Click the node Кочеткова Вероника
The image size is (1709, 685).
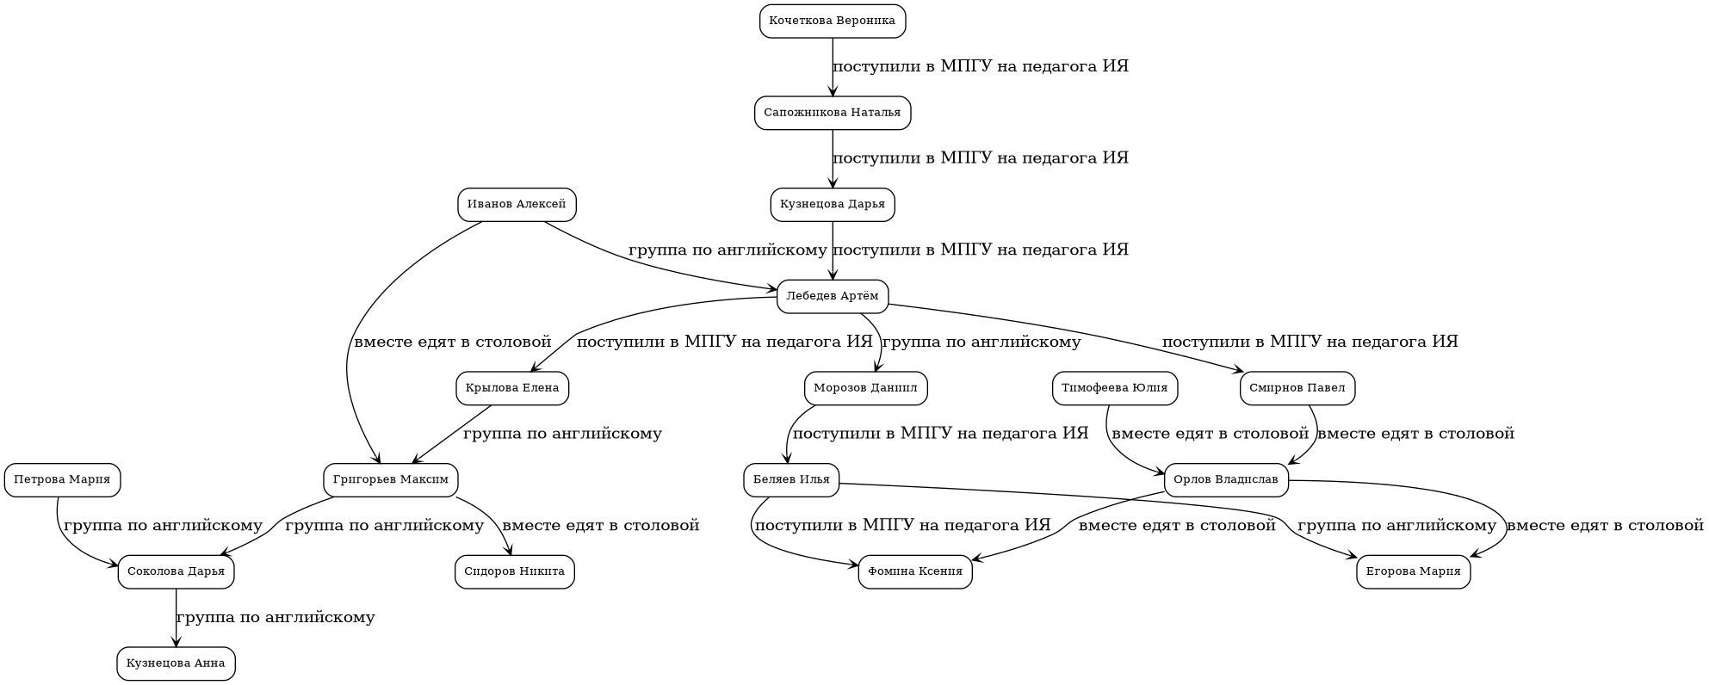(x=832, y=22)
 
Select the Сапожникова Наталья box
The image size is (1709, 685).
(x=832, y=113)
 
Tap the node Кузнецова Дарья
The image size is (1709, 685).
(x=832, y=205)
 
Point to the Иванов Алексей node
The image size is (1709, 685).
(x=516, y=205)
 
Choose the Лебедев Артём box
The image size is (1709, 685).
(x=832, y=297)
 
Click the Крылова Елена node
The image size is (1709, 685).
(x=511, y=388)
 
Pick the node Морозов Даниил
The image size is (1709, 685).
(x=864, y=388)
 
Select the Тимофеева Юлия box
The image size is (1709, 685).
(x=1114, y=388)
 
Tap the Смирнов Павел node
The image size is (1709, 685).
(x=1297, y=388)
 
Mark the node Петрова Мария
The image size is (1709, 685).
(x=62, y=480)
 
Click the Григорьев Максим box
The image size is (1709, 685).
(x=390, y=480)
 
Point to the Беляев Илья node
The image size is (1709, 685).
(x=790, y=480)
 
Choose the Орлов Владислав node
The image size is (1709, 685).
(x=1225, y=480)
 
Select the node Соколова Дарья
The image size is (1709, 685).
(x=176, y=571)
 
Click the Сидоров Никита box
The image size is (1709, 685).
(x=514, y=571)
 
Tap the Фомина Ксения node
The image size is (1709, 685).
(x=914, y=571)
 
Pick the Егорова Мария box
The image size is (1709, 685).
(x=1413, y=571)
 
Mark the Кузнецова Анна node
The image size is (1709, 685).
(x=176, y=663)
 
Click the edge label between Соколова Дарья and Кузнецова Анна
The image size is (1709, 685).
(x=276, y=618)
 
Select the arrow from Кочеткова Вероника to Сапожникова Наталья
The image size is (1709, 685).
(x=832, y=67)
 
